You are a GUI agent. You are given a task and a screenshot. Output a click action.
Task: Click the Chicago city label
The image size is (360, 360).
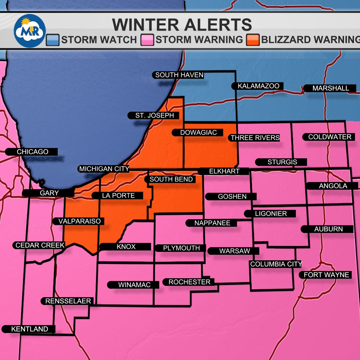(x=32, y=152)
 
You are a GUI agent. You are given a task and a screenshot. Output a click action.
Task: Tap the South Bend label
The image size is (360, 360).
(x=171, y=179)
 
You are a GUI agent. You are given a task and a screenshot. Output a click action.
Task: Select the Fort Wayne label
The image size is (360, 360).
(x=326, y=275)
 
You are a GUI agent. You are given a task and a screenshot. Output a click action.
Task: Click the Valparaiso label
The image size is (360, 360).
(x=79, y=221)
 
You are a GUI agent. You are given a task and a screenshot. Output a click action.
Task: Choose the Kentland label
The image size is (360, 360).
(x=29, y=329)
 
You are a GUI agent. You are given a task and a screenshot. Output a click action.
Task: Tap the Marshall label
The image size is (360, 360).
(x=330, y=89)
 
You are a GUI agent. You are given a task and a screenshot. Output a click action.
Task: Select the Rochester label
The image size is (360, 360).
(x=189, y=282)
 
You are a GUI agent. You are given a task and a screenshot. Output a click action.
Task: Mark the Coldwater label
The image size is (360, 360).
(x=329, y=137)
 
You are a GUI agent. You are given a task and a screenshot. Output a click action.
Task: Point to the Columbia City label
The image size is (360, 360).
(x=276, y=264)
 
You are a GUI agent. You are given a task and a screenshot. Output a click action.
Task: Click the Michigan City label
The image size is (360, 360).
(x=104, y=169)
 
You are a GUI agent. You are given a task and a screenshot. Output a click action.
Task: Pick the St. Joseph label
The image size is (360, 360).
(x=154, y=116)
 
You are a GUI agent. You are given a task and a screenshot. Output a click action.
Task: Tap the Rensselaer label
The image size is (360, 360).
(x=68, y=301)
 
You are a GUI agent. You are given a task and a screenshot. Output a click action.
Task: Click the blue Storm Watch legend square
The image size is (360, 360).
(x=53, y=40)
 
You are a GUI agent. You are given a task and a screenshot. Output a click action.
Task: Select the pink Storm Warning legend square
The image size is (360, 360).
(x=149, y=40)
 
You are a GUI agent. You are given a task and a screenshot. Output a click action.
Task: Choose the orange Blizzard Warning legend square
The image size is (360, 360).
(x=253, y=40)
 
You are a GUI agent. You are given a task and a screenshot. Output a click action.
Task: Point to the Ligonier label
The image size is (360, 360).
(x=270, y=214)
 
